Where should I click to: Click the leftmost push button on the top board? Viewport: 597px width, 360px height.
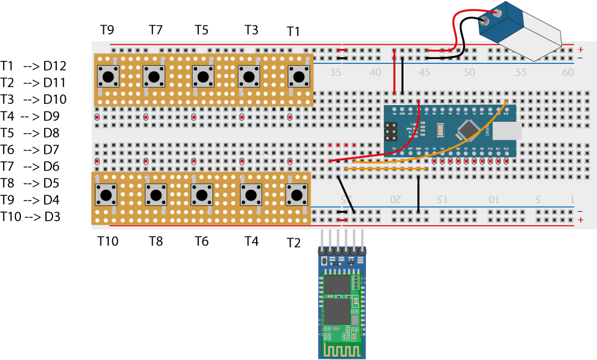[x=108, y=76]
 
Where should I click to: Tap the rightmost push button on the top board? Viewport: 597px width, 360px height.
[x=299, y=76]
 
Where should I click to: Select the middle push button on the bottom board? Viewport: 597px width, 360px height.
[x=202, y=195]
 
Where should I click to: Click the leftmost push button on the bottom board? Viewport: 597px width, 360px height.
[x=106, y=195]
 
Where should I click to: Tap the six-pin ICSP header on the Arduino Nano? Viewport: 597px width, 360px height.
[x=392, y=131]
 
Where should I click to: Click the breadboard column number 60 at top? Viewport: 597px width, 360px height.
[x=568, y=73]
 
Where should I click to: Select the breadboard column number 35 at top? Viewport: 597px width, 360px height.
[x=336, y=73]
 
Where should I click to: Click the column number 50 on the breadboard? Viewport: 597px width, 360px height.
[x=469, y=73]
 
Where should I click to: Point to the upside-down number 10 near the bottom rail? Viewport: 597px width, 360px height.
[x=494, y=198]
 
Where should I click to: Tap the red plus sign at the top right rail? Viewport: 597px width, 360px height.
[x=580, y=50]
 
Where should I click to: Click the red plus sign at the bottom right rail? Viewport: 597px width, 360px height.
[x=580, y=220]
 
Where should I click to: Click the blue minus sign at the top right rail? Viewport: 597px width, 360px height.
[x=580, y=58]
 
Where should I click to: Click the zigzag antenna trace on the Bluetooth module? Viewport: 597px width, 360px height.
[x=342, y=348]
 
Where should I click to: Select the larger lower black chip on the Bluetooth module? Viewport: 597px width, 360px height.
[x=337, y=311]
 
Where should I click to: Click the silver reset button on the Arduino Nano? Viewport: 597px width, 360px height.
[x=441, y=130]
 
